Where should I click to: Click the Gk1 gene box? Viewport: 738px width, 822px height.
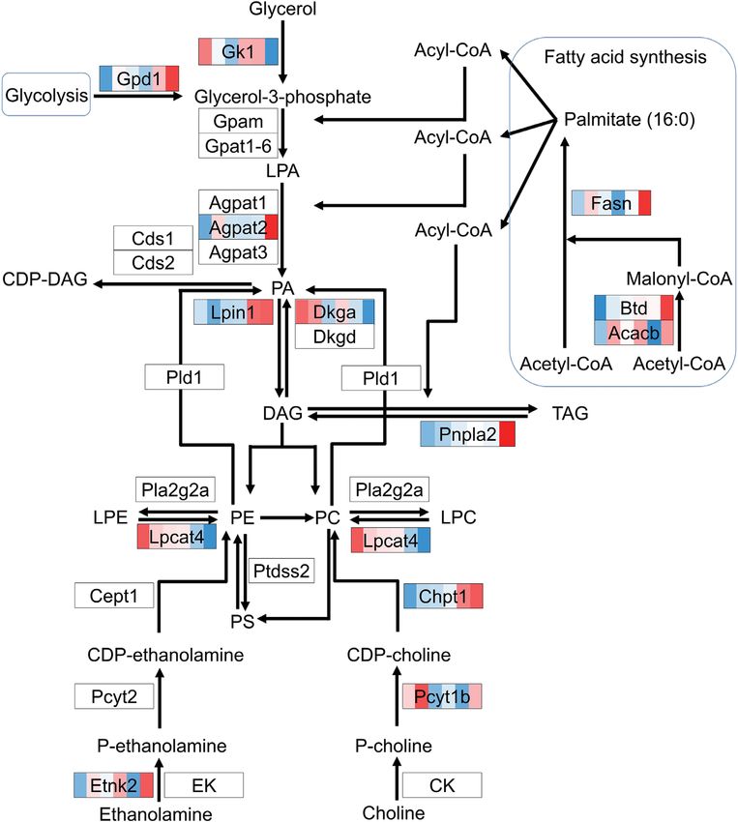tap(238, 51)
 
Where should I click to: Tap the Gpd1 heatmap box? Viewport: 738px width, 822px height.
tap(139, 78)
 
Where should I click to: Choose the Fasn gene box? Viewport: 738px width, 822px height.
tap(611, 202)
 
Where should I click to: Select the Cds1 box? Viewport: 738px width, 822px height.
tap(153, 238)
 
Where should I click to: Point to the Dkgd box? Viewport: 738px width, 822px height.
tap(334, 337)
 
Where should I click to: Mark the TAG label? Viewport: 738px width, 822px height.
tap(570, 413)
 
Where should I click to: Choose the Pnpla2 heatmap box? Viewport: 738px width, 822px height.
tap(468, 435)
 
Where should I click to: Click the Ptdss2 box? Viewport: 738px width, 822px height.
tap(281, 571)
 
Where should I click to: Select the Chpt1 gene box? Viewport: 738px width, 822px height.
tap(442, 596)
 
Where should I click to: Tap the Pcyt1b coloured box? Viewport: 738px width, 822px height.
tap(442, 695)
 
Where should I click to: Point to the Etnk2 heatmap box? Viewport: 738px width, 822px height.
tap(114, 784)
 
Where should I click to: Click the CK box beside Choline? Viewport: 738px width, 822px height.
tap(441, 784)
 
